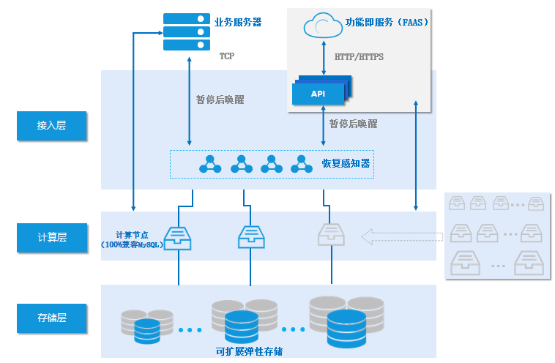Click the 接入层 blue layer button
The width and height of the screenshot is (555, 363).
point(51,126)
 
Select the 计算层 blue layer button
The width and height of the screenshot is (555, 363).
point(51,237)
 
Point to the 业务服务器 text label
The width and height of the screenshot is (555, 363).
point(237,23)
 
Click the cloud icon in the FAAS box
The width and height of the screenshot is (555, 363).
point(323,26)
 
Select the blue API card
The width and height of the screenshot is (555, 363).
point(319,94)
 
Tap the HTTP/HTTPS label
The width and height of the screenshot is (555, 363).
point(359,56)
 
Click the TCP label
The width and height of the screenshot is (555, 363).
point(227,56)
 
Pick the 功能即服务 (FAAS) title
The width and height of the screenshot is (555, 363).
point(387,23)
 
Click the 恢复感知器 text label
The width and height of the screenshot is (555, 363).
point(346,163)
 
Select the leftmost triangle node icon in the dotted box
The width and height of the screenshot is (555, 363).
point(210,164)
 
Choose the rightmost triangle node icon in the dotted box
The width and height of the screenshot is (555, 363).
point(301,164)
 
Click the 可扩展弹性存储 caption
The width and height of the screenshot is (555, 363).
point(250,351)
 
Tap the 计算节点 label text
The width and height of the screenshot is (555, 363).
point(133,235)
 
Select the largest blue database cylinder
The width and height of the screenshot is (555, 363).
point(346,328)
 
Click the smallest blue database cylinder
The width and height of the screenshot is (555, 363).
point(147,331)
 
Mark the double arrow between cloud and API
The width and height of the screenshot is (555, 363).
point(324,57)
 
